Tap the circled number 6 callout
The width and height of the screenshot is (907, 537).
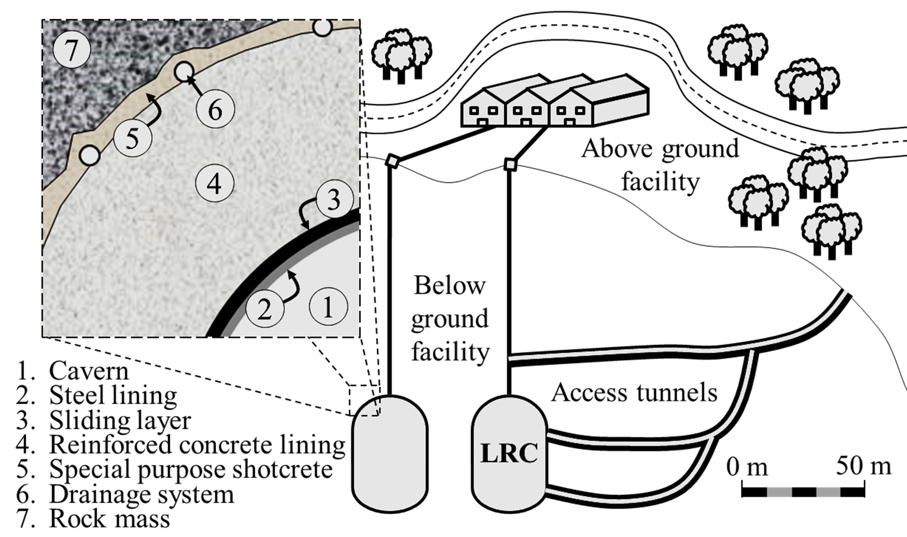tap(215, 109)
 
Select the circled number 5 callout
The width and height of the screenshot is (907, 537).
tap(132, 138)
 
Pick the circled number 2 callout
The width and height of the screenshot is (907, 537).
tap(265, 309)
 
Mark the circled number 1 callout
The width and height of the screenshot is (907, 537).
tap(328, 306)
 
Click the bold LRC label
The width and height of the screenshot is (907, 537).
tap(509, 453)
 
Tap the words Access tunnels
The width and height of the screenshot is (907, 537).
tap(634, 392)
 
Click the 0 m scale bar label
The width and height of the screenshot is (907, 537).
tap(747, 467)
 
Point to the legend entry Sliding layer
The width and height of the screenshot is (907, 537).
tap(119, 421)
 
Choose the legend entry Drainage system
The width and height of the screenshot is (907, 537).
tap(141, 494)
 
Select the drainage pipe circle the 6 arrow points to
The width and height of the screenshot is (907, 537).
tap(184, 72)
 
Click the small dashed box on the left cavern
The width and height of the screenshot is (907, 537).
tap(364, 401)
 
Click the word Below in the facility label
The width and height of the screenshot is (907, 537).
tap(449, 286)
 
